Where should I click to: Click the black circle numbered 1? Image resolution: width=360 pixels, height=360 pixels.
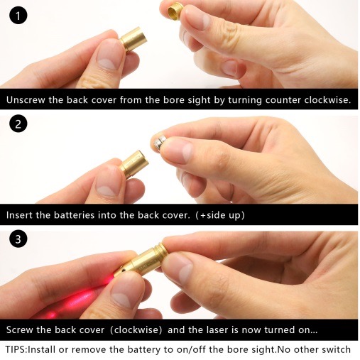pos(18,15)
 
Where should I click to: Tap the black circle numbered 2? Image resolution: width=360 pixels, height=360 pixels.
pos(18,124)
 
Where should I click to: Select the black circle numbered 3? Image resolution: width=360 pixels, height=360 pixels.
pos(18,239)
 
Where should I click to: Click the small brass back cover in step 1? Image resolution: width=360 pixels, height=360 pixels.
pos(175,13)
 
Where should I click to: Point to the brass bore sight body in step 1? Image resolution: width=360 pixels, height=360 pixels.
pos(133,40)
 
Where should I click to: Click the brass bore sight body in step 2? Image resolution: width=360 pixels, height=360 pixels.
pos(134,164)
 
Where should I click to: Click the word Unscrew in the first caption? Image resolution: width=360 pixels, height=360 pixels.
pos(26,100)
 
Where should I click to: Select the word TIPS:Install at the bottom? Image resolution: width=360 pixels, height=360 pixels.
pos(30,349)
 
